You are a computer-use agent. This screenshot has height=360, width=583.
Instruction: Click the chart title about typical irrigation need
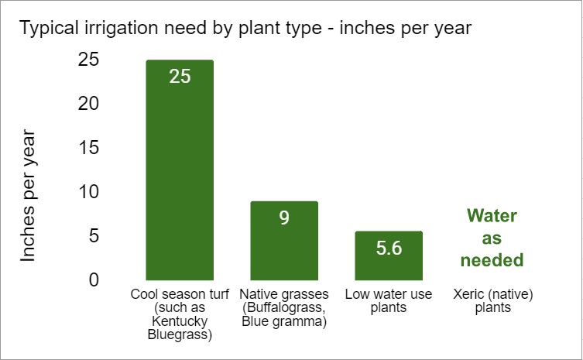click(x=245, y=29)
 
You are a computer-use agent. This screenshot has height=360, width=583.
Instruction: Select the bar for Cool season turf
click(x=180, y=178)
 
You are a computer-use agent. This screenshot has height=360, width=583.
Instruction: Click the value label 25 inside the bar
click(x=180, y=77)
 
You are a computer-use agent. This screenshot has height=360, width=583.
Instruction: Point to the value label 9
click(x=284, y=218)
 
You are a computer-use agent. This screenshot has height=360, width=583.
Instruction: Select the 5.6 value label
click(x=389, y=249)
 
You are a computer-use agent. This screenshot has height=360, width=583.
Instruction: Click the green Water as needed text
click(x=492, y=238)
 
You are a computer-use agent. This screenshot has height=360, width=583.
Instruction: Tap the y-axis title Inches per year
click(x=29, y=197)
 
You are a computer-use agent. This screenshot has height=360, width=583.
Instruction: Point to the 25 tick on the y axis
click(x=88, y=60)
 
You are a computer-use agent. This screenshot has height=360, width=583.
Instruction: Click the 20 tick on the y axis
click(x=88, y=103)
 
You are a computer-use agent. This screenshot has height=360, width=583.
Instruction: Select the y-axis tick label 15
click(x=88, y=147)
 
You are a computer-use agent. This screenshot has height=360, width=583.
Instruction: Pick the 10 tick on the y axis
click(x=88, y=191)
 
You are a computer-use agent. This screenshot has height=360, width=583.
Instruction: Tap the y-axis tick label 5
click(x=94, y=235)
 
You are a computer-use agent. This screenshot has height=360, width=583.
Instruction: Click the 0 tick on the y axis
click(x=94, y=279)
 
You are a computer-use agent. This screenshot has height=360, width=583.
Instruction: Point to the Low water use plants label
click(x=389, y=301)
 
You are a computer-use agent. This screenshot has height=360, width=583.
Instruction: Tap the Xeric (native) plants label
click(x=492, y=301)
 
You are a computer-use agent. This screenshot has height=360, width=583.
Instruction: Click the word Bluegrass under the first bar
click(x=180, y=335)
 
